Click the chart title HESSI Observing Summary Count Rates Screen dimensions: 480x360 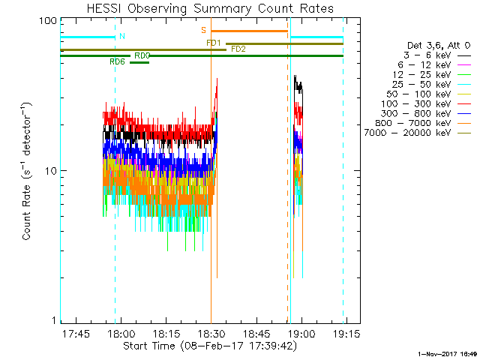(210, 8)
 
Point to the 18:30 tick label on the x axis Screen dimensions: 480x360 (211, 333)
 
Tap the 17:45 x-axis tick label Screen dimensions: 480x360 (76, 333)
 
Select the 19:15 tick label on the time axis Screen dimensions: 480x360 (346, 333)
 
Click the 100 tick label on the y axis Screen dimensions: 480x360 (48, 21)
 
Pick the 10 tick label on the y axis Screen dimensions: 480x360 (51, 170)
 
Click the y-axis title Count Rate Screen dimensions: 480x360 (26, 170)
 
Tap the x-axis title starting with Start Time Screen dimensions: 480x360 (210, 346)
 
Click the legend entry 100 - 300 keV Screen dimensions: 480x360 (426, 103)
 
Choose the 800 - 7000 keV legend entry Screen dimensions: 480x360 (423, 123)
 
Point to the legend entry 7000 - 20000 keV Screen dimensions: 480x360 (418, 133)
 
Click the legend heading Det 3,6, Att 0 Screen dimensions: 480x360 (439, 46)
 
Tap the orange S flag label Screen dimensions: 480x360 (203, 30)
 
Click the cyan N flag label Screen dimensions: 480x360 (122, 36)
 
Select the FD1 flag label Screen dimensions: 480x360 (214, 43)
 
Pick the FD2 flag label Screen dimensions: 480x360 (238, 49)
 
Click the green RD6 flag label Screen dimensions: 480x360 (118, 61)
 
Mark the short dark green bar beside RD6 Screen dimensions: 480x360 (139, 62)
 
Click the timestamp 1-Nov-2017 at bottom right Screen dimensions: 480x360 (447, 354)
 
